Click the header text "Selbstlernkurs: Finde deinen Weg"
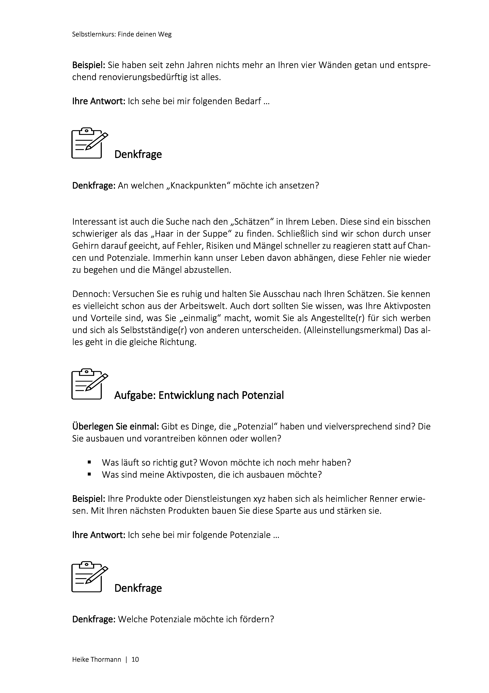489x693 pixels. click(122, 34)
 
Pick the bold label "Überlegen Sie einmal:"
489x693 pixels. click(115, 426)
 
